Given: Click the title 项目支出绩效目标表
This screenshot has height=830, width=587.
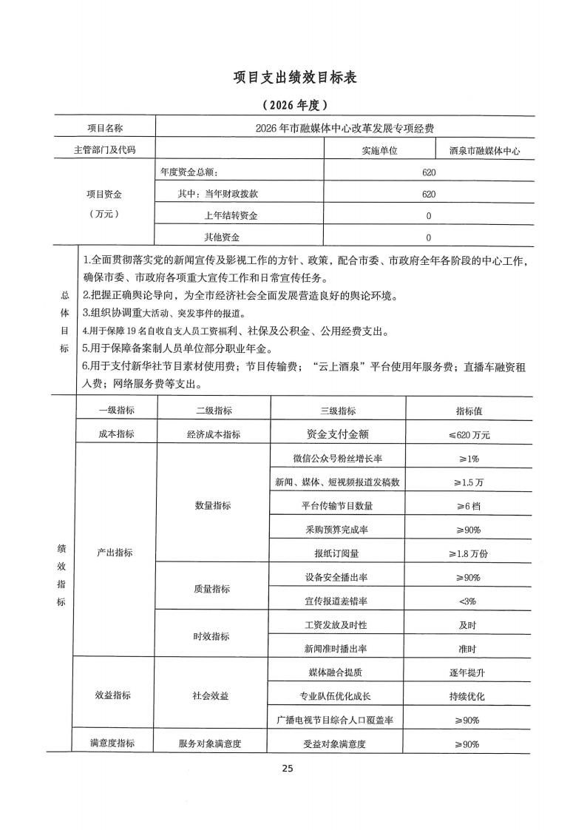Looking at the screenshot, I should [x=293, y=78].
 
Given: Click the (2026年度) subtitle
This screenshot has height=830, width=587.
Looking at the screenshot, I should [x=293, y=104].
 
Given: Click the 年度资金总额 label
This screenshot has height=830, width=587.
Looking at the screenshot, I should [x=190, y=172].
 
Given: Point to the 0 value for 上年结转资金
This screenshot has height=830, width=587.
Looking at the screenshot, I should [x=429, y=216].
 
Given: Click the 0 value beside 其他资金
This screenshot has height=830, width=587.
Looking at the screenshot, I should [x=429, y=237].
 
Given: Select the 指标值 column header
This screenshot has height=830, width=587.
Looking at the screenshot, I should [x=469, y=411].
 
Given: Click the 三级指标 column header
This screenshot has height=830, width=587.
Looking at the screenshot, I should [x=338, y=411].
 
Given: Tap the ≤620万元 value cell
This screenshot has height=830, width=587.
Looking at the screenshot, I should [x=469, y=434].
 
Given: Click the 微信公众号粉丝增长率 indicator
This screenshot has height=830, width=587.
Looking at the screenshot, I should [x=337, y=459].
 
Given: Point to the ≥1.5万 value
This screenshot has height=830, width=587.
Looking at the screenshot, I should [x=469, y=482].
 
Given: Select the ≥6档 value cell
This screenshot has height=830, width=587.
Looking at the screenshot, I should [x=469, y=506].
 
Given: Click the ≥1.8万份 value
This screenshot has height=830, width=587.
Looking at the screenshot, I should [x=469, y=553].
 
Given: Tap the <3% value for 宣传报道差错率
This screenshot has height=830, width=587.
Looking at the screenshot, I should [x=469, y=601].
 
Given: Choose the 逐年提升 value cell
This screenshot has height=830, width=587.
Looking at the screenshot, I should [x=469, y=672].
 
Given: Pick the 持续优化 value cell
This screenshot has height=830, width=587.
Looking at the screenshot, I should [x=469, y=696].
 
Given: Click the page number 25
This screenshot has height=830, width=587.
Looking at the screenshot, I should [x=288, y=769].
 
